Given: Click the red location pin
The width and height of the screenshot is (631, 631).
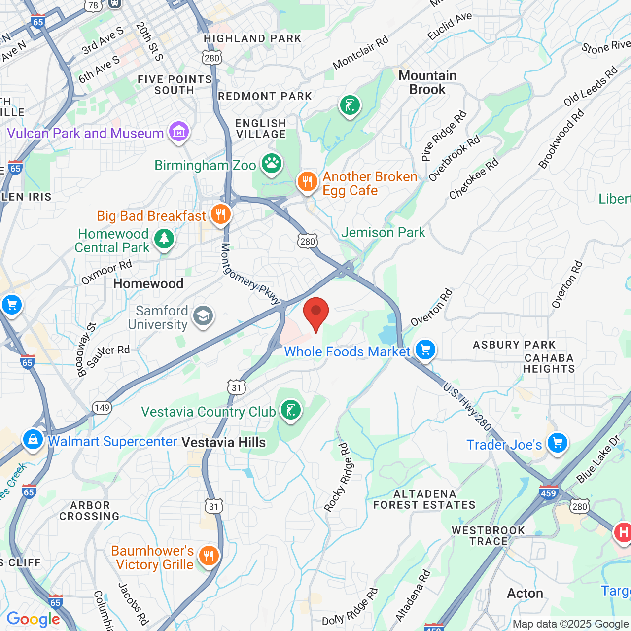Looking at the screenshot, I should [x=316, y=312].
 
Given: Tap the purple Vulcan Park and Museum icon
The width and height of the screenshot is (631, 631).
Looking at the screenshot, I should [x=178, y=132].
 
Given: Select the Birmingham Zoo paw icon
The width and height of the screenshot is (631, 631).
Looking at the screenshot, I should [x=271, y=164].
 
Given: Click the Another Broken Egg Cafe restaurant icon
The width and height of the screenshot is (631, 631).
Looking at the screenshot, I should [x=307, y=181].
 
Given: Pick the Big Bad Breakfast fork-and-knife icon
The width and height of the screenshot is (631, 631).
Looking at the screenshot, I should [x=220, y=214].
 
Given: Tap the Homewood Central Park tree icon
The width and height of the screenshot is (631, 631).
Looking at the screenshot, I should [x=164, y=239].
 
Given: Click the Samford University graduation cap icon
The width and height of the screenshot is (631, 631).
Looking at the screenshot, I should [x=203, y=316].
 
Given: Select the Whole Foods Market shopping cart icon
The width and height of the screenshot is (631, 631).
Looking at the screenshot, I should [x=425, y=350].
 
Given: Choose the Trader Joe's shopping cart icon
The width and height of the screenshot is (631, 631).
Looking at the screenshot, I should [x=558, y=443].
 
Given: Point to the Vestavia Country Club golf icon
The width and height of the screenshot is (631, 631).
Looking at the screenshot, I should [x=290, y=410].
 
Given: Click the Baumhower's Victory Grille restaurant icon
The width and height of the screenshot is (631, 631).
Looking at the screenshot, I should [x=209, y=556].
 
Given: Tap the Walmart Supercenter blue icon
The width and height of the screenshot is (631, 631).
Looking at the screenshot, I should [x=33, y=439].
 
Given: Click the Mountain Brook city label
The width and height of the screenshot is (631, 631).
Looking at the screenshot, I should [x=427, y=82].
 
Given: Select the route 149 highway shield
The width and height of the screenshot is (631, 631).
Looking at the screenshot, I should [x=102, y=407].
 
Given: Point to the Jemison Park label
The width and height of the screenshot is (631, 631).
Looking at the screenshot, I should [x=383, y=232].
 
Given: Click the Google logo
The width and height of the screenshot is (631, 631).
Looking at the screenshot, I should [x=34, y=619].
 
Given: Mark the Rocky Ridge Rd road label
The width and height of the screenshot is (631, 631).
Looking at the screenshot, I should [x=338, y=477].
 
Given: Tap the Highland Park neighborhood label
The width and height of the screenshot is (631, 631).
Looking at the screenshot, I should [x=252, y=38].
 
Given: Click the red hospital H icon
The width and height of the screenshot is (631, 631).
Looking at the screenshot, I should [x=623, y=532].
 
